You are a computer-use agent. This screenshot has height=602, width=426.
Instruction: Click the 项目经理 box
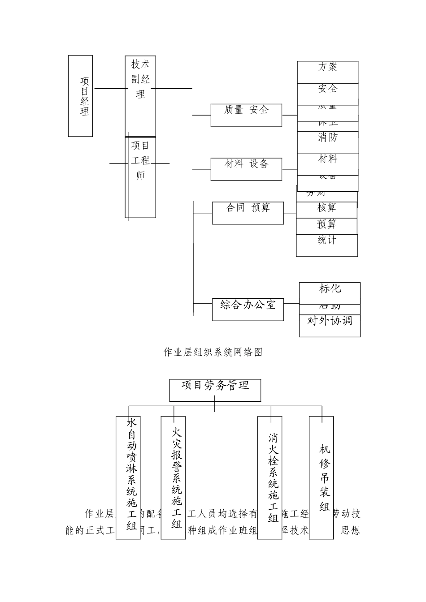(x=80, y=96)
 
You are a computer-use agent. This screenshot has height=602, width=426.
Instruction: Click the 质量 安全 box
(x=246, y=115)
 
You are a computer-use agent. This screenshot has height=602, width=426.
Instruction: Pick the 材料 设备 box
(x=246, y=168)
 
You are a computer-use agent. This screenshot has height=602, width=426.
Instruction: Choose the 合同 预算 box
(x=248, y=212)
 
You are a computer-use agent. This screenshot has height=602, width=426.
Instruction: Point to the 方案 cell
(x=327, y=72)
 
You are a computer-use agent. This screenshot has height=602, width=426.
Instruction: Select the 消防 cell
(x=327, y=142)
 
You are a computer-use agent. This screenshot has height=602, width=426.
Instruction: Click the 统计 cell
(x=326, y=245)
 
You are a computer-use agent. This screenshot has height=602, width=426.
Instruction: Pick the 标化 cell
(x=330, y=292)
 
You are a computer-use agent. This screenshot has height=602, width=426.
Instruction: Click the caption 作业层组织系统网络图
(x=213, y=353)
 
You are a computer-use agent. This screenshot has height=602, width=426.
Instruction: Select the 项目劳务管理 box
(x=215, y=390)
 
